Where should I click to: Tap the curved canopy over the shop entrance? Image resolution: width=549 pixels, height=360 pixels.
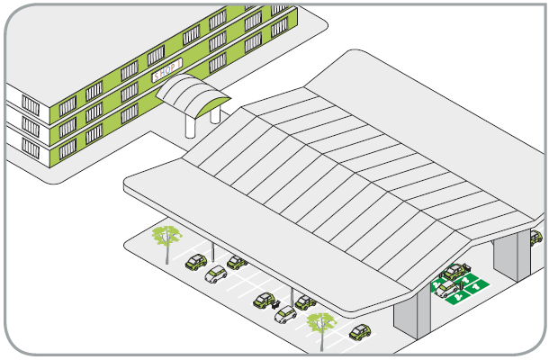click(x=193, y=91)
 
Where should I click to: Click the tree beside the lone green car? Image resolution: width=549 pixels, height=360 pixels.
click(x=320, y=325)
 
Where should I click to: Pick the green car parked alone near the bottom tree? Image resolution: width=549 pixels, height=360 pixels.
click(x=361, y=331)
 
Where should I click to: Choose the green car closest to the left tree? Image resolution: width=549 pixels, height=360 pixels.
click(x=195, y=262)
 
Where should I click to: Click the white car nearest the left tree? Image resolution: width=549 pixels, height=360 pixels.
click(x=216, y=274)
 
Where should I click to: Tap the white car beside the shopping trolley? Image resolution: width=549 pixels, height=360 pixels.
click(x=285, y=314)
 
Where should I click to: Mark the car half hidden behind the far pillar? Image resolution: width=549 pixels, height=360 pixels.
click(x=536, y=238)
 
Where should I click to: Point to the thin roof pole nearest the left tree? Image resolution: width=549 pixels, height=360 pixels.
click(x=212, y=249)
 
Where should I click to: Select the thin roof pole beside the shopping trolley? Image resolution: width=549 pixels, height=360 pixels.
click(x=291, y=294)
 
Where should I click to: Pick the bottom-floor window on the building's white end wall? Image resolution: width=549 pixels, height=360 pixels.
click(x=31, y=147)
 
